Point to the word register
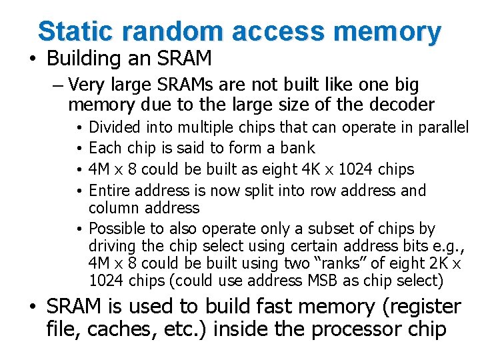419,307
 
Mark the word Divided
115,127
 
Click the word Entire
109,191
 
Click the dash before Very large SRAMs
56,85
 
